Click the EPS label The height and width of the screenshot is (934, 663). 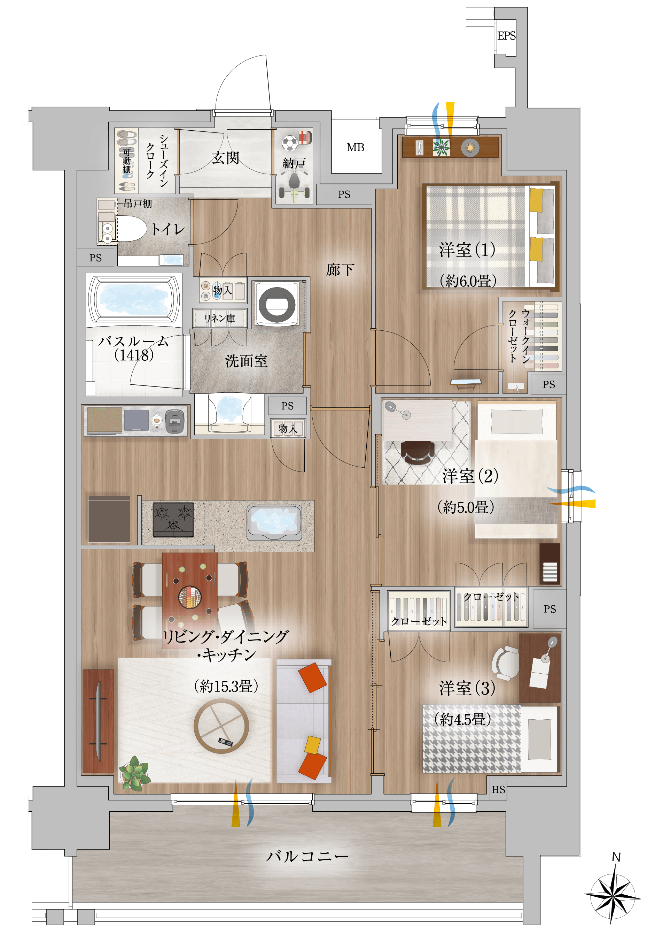tap(506, 36)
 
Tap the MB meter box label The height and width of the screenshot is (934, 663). tap(356, 147)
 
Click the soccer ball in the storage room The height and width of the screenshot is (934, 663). tap(289, 143)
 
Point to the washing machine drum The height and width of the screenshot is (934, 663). tap(277, 304)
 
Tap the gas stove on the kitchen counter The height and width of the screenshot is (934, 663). tap(173, 520)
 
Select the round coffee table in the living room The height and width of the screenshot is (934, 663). tap(221, 726)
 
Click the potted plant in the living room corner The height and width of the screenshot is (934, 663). tap(134, 773)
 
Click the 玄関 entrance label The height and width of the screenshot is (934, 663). tap(225, 158)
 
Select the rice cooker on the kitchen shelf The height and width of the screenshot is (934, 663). tap(175, 421)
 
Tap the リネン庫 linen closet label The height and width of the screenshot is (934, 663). tap(220, 318)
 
